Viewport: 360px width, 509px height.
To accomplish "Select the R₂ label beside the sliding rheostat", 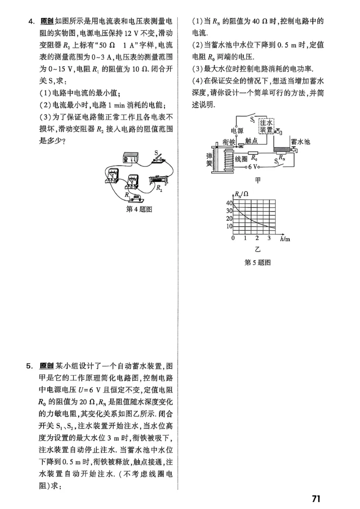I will (x=159, y=189).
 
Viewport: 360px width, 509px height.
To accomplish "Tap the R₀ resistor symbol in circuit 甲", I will (x=254, y=158).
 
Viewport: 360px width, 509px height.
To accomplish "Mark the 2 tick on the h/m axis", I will (x=257, y=238).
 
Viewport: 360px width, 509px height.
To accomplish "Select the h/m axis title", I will (x=285, y=239).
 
